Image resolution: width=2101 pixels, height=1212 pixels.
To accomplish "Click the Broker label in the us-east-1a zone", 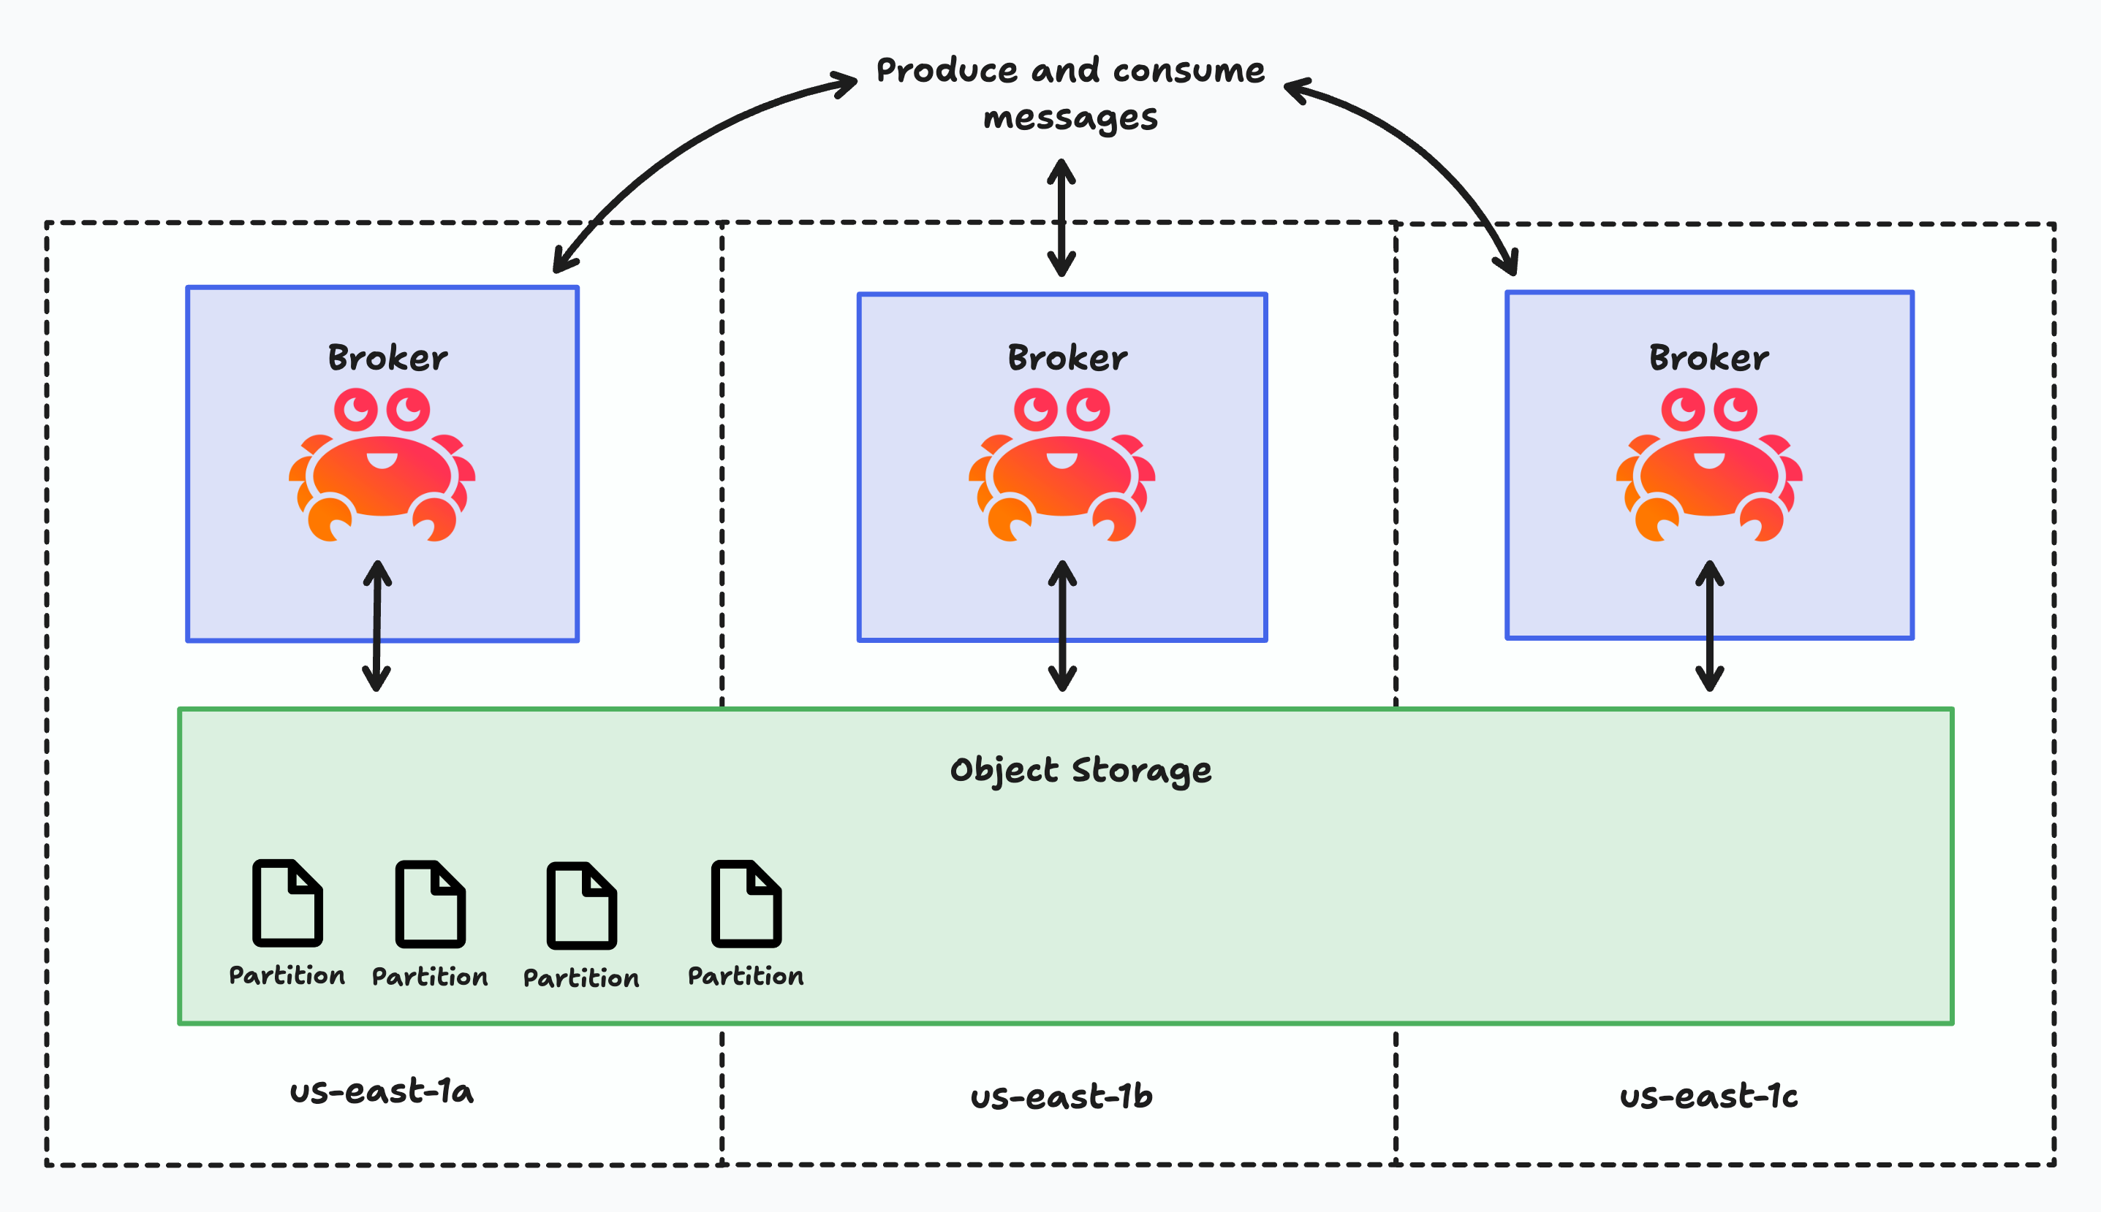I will pyautogui.click(x=387, y=358).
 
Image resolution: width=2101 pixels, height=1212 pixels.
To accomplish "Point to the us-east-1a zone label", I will pyautogui.click(x=382, y=1091).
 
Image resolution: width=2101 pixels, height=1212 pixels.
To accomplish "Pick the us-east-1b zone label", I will pyautogui.click(x=1061, y=1097).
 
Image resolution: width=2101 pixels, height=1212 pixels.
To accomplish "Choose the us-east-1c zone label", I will pyautogui.click(x=1708, y=1097).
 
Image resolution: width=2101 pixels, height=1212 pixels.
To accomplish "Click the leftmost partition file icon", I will pyautogui.click(x=287, y=903).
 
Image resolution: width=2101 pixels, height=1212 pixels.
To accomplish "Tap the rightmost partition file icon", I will pyautogui.click(x=746, y=904).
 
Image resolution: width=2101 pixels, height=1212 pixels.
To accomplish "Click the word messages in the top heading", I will pyautogui.click(x=1070, y=118).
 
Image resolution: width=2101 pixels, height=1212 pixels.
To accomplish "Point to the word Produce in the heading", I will pyautogui.click(x=947, y=71).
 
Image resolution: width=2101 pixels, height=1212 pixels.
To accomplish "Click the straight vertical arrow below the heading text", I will pyautogui.click(x=1061, y=218).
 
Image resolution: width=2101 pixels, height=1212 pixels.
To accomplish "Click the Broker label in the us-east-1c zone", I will pyautogui.click(x=1708, y=358).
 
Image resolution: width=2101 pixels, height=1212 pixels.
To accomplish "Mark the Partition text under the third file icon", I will pyautogui.click(x=581, y=978).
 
